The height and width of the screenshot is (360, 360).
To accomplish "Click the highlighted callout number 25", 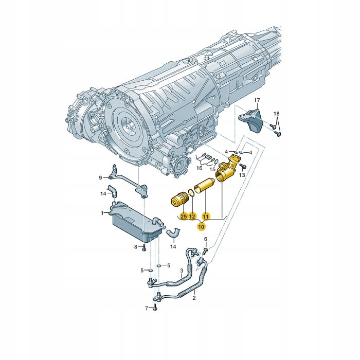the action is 184,217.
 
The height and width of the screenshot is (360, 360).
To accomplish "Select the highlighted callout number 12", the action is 192,217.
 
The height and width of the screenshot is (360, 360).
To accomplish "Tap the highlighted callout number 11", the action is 205,217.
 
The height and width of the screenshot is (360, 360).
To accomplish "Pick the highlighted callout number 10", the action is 201,227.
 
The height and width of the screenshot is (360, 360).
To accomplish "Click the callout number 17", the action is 257,100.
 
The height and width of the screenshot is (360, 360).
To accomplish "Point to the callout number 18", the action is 277,114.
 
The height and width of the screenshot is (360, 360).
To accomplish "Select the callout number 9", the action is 100,177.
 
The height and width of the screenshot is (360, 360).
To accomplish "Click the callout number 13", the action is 242,175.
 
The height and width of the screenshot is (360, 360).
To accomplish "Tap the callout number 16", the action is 200,168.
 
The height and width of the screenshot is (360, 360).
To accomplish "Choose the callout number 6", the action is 206,239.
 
